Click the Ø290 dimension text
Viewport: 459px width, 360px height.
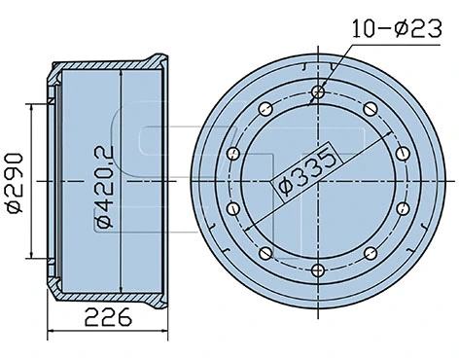pos(14,180)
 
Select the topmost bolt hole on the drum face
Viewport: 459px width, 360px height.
pos(318,94)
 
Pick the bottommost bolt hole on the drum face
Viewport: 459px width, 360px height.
pos(318,270)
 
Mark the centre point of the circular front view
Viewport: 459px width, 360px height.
pos(318,182)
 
